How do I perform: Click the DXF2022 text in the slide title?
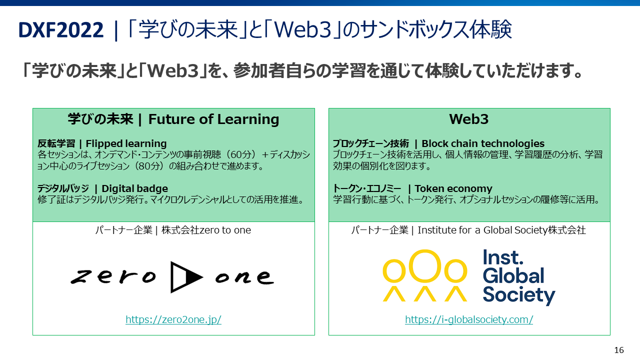[61, 29]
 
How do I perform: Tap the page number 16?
[619, 350]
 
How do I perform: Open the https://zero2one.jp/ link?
[173, 319]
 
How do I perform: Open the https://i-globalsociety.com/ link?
[469, 319]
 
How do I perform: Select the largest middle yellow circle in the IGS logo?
[425, 265]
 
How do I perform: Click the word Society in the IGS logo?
[519, 295]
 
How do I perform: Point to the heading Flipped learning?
[126, 143]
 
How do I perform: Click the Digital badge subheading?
[135, 188]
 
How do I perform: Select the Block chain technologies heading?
[483, 143]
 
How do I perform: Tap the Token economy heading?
[453, 188]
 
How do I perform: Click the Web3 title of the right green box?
[469, 119]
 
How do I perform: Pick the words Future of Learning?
[213, 119]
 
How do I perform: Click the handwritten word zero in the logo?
[113, 276]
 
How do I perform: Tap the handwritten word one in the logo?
[244, 277]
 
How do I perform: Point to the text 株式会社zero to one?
[206, 230]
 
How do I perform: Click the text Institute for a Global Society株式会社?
[501, 230]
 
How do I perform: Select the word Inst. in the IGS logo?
[503, 257]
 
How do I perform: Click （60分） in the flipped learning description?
[240, 154]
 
